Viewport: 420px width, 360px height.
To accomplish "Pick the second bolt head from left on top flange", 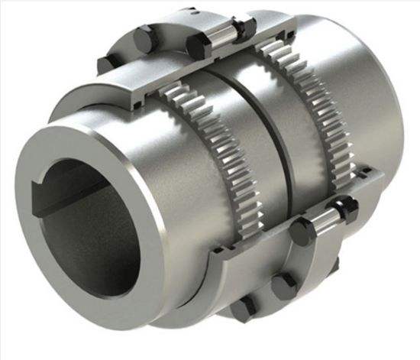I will point(144,36).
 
